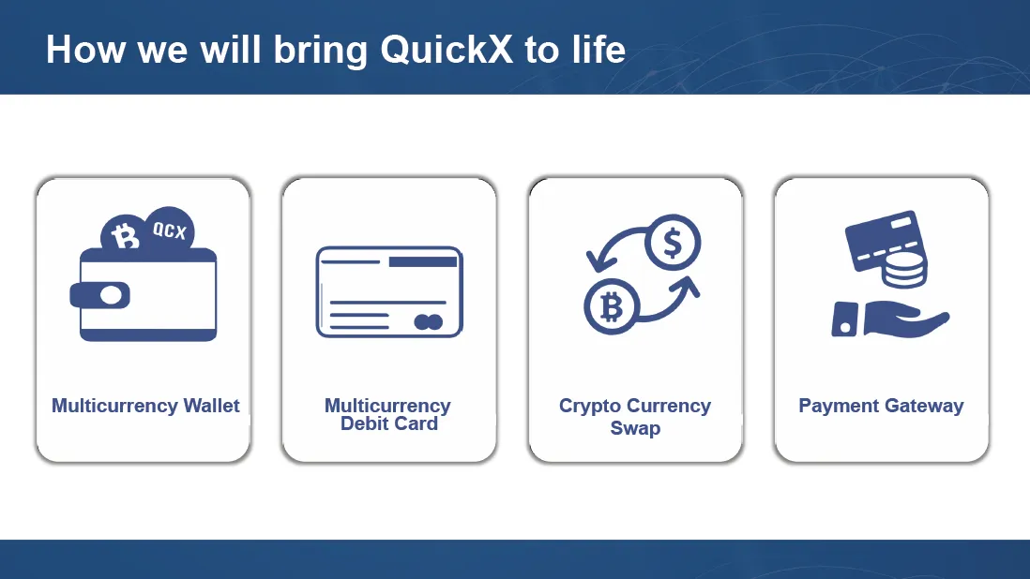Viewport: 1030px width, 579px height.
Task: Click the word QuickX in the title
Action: [446, 51]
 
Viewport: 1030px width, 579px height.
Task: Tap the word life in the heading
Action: [598, 49]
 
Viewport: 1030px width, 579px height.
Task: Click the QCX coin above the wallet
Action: [170, 230]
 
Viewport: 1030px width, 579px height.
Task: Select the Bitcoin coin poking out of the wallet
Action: [124, 235]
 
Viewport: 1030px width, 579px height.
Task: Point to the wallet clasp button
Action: [111, 296]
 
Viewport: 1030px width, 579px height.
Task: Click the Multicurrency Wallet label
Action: [145, 406]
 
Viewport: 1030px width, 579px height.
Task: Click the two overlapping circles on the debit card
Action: [429, 322]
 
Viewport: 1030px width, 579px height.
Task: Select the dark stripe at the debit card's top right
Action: [422, 261]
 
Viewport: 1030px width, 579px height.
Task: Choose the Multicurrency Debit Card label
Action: [388, 414]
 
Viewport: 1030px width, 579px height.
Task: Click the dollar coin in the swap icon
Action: [673, 243]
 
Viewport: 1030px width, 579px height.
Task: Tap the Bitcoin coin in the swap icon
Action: [612, 306]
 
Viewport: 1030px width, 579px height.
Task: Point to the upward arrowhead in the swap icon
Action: [688, 287]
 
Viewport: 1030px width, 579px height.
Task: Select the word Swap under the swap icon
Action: [635, 429]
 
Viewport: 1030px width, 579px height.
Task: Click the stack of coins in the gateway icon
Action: [905, 265]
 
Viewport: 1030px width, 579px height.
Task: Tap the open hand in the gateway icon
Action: [906, 321]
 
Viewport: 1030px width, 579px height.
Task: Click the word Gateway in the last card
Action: [923, 407]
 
